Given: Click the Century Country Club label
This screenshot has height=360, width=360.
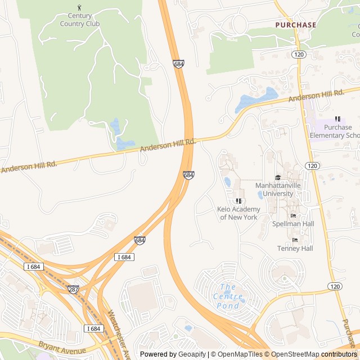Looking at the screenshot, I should pyautogui.click(x=80, y=20).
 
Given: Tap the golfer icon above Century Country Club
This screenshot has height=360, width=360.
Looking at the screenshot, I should pyautogui.click(x=79, y=8).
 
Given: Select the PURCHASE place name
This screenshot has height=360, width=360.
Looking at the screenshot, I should pyautogui.click(x=295, y=25).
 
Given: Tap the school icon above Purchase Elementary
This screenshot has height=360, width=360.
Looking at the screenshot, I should pyautogui.click(x=337, y=119).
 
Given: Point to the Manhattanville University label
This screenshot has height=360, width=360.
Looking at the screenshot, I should pyautogui.click(x=278, y=190).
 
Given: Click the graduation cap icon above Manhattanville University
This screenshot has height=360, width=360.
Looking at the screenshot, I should pyautogui.click(x=278, y=178).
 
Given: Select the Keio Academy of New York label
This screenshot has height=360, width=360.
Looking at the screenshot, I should pyautogui.click(x=238, y=213).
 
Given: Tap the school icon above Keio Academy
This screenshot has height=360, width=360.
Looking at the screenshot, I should pyautogui.click(x=238, y=201).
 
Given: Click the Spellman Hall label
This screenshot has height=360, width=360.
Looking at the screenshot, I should pyautogui.click(x=293, y=224).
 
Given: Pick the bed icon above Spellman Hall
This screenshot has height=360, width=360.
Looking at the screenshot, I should pyautogui.click(x=293, y=215).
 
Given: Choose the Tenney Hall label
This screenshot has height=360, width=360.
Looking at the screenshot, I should pyautogui.click(x=295, y=248).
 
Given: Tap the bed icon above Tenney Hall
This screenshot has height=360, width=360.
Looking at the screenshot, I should pyautogui.click(x=295, y=240).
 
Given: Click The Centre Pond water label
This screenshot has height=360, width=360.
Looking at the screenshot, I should pyautogui.click(x=228, y=296).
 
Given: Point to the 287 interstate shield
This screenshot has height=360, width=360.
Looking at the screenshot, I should pyautogui.click(x=74, y=289).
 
